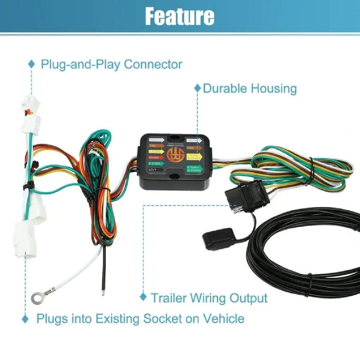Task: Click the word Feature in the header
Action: (180, 16)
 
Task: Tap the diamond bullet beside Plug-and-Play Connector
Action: (32, 64)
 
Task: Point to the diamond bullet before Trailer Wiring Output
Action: (143, 297)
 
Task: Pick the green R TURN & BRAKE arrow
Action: (194, 168)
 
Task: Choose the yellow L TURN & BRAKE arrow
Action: (194, 157)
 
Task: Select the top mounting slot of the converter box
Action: (174, 137)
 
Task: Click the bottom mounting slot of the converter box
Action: (174, 177)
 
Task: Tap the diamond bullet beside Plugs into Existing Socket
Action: (25, 319)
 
